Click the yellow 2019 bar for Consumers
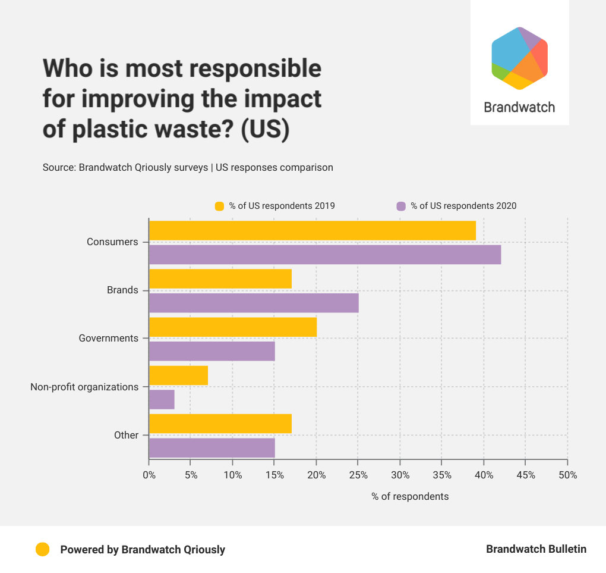312,230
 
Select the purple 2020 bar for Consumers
324,255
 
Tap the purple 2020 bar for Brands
254,303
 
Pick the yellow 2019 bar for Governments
232,327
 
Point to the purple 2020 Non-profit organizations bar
162,399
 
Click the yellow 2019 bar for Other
220,423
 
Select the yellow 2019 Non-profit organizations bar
178,375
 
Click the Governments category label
109,338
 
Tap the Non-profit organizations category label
84,387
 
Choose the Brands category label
122,290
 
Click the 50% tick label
567,475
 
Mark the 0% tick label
149,475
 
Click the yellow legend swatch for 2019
219,206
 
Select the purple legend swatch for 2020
401,206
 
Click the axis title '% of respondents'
410,496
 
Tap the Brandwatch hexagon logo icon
519,58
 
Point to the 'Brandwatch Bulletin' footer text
536,549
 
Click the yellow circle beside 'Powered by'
42,549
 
